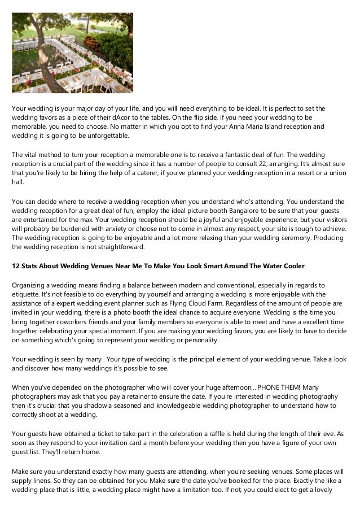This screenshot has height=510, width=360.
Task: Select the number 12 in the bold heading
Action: [x=16, y=265]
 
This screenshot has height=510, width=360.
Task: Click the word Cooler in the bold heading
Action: [x=293, y=265]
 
